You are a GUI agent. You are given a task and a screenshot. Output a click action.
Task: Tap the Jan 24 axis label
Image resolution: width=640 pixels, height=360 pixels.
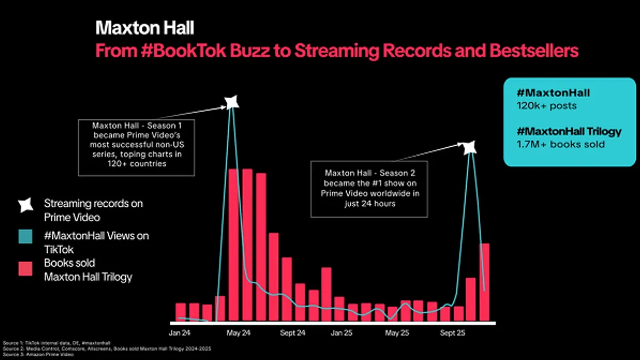click(180, 333)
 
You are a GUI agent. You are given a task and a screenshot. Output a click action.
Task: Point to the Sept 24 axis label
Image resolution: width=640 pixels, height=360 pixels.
click(292, 333)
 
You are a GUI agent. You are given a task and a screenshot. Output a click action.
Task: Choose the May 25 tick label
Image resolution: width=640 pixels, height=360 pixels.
click(397, 333)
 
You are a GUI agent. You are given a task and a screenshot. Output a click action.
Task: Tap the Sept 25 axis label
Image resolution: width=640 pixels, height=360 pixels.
click(452, 333)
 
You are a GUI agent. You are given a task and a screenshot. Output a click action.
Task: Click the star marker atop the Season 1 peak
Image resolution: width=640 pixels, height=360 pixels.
click(231, 101)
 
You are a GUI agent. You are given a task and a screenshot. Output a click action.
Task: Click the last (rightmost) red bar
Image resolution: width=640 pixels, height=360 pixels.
click(484, 282)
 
